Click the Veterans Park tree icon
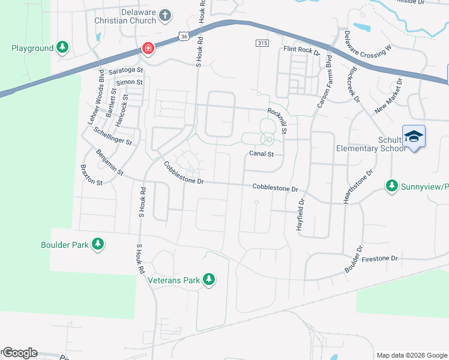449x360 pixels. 209,279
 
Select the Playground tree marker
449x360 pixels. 62,47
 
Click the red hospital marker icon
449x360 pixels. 147,48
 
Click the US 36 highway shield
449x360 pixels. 184,37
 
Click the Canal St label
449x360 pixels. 261,154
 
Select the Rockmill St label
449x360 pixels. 278,120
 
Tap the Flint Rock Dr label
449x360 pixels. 301,50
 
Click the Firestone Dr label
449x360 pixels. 380,259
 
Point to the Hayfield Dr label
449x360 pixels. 301,207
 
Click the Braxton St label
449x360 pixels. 91,175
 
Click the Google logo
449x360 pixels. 19,353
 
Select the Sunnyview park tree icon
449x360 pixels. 393,185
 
